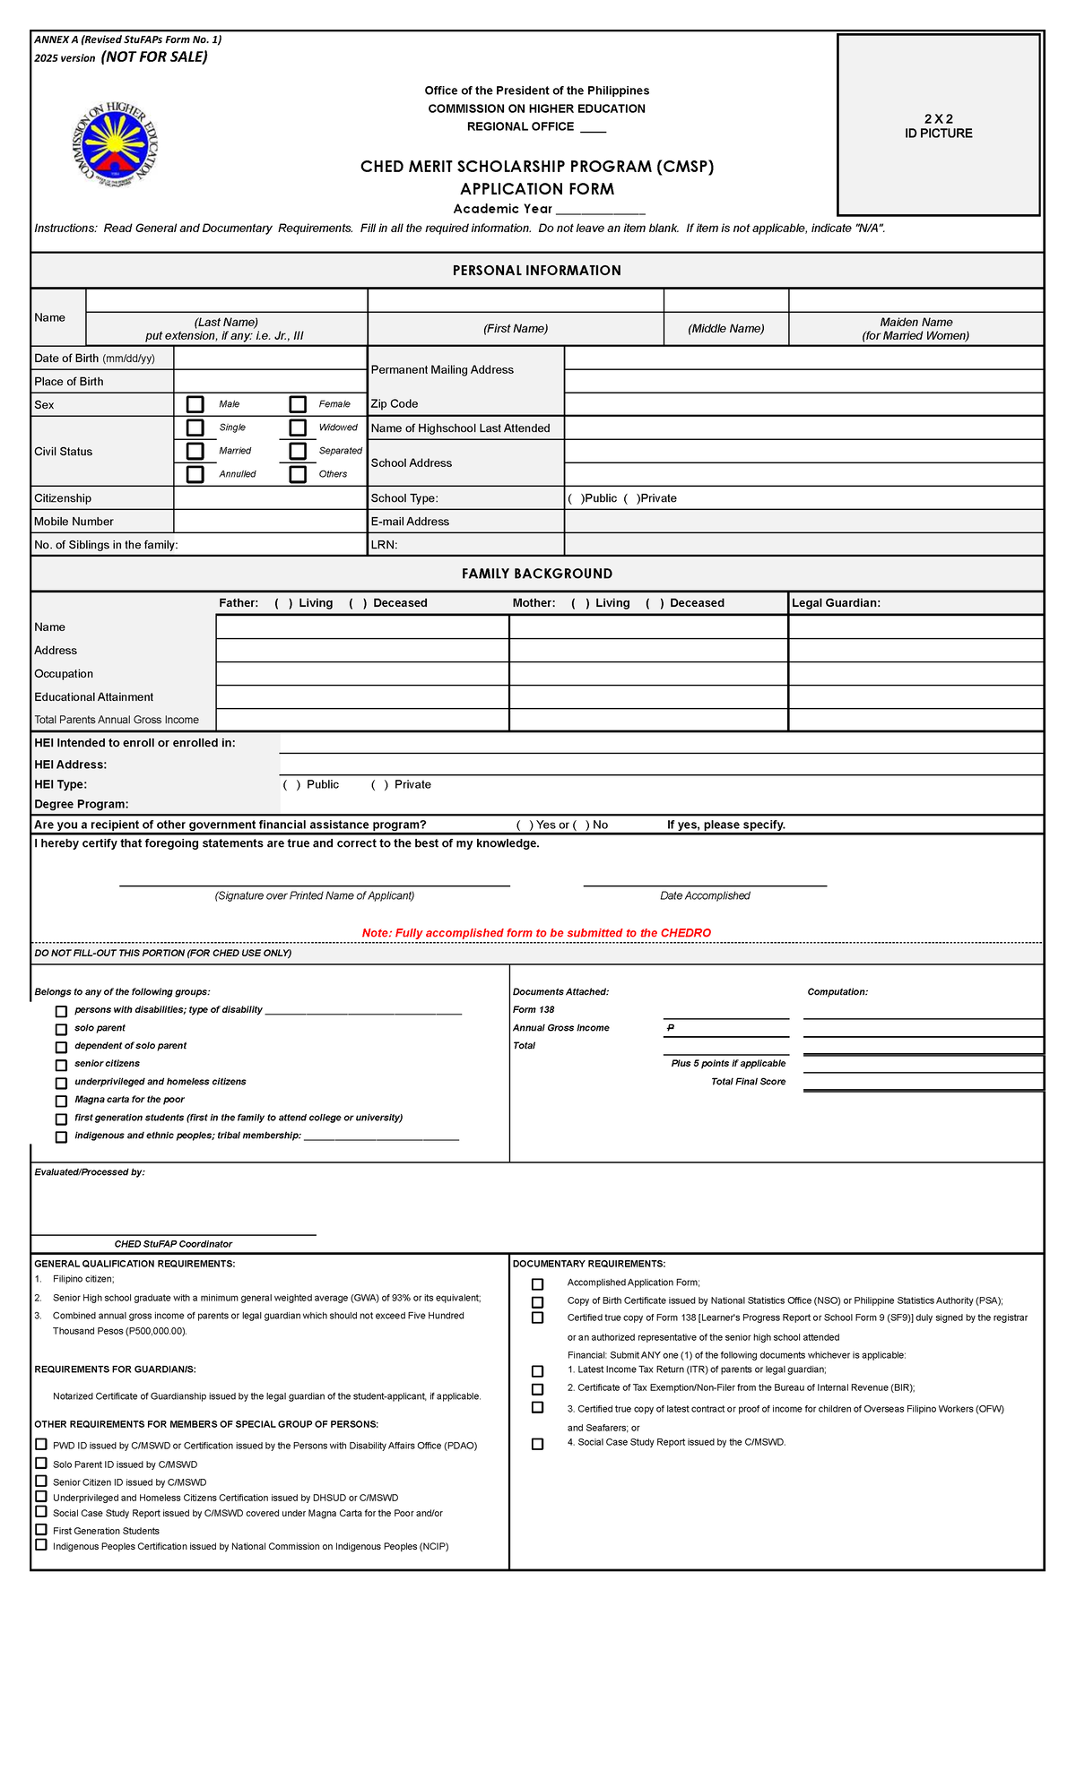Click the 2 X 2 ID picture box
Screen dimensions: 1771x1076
pyautogui.click(x=938, y=125)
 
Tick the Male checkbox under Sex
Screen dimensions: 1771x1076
pyautogui.click(x=195, y=404)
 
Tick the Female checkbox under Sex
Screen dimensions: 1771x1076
pyautogui.click(x=298, y=404)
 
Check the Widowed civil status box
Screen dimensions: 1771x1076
pyautogui.click(x=298, y=428)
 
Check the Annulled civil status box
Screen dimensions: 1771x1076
pyautogui.click(x=195, y=474)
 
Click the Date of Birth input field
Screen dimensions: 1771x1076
pyautogui.click(x=270, y=358)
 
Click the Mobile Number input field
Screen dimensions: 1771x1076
pyautogui.click(x=270, y=521)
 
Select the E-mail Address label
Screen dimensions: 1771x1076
pyautogui.click(x=410, y=522)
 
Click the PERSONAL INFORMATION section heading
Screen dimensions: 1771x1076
pyautogui.click(x=536, y=271)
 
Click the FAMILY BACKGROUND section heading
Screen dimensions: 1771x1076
pyautogui.click(x=536, y=574)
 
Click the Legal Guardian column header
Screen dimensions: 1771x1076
pyautogui.click(x=836, y=603)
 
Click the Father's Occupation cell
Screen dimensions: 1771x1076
pyautogui.click(x=362, y=674)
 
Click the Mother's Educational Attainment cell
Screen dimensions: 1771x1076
pyautogui.click(x=647, y=697)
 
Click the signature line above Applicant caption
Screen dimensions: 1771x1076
pyautogui.click(x=314, y=885)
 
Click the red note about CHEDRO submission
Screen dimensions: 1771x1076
pyautogui.click(x=536, y=933)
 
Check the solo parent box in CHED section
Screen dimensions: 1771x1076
pyautogui.click(x=61, y=1029)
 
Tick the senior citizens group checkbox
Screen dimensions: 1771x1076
pyautogui.click(x=61, y=1065)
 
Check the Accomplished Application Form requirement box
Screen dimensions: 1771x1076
pyautogui.click(x=537, y=1284)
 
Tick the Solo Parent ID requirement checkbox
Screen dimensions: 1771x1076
pyautogui.click(x=41, y=1464)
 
